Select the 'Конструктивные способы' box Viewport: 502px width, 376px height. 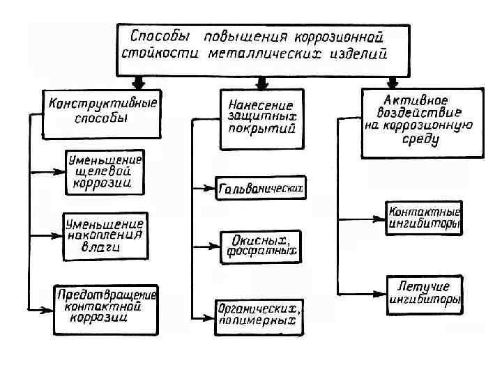(x=102, y=111)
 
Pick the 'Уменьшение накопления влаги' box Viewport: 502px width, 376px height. (x=105, y=235)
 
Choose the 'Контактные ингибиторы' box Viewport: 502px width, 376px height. (x=423, y=218)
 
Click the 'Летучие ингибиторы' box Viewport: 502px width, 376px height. (x=423, y=294)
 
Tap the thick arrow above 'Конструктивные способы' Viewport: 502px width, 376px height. (x=139, y=83)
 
